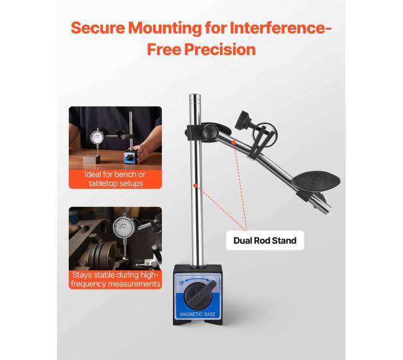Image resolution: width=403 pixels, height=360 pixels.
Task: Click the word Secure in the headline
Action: coord(98,28)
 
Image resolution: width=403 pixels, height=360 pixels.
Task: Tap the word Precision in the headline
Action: coord(220,50)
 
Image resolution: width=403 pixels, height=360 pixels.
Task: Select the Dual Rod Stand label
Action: coord(265,240)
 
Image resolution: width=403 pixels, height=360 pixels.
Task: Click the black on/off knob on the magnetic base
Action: coord(198,295)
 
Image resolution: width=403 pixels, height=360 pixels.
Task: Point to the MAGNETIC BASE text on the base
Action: coord(198,314)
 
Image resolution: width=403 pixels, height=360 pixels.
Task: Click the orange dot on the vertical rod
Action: coord(195,185)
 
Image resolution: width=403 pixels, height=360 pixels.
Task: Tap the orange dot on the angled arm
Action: coord(233,143)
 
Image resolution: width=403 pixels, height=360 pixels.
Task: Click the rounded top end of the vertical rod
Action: coord(195,96)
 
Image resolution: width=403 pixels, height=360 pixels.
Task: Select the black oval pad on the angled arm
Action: coord(317,181)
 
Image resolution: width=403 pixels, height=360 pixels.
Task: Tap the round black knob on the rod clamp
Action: coord(210,131)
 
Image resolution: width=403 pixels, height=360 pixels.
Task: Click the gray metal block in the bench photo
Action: coord(92,159)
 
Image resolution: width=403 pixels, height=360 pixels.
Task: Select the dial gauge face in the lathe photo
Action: coord(124,227)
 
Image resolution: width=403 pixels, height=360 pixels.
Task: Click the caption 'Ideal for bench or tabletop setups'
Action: coord(115,179)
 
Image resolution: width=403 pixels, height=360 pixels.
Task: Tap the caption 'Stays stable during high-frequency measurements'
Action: coord(115,279)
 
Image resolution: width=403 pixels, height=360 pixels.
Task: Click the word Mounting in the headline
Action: coord(165,29)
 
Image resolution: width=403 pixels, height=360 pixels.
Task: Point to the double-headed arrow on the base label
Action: coord(198,279)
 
